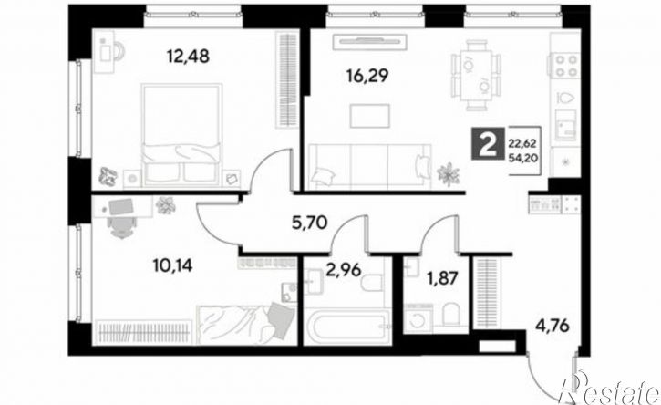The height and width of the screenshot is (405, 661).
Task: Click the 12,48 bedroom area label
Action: coord(188,56)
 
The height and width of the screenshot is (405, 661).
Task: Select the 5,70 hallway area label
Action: coord(310,222)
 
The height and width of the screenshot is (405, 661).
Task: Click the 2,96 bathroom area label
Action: coord(344,270)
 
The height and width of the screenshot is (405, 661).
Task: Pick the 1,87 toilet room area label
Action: coord(441,278)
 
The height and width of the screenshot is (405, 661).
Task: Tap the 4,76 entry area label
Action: coord(553,326)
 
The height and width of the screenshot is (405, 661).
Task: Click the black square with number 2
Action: coord(488,143)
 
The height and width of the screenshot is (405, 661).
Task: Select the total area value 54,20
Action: coord(522,159)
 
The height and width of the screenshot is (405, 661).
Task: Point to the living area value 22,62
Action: coord(522,143)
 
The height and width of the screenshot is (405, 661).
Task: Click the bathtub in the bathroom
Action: coord(347,326)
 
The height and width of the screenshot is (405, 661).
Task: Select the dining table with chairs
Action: coord(476,75)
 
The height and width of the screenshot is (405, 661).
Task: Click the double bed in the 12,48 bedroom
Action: coord(181,135)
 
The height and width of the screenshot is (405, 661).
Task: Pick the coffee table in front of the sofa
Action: coord(370,116)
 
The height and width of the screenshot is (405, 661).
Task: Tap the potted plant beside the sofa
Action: coord(449,173)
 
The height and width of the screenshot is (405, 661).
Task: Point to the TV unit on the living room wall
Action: coord(370,41)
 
